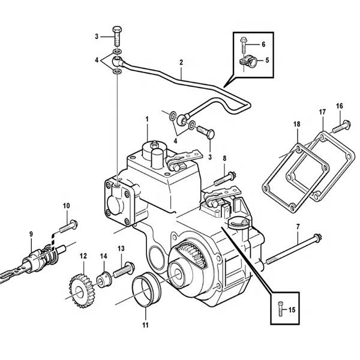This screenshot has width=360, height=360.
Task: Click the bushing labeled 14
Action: [x=103, y=278]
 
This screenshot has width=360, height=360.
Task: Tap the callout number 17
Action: [x=322, y=112]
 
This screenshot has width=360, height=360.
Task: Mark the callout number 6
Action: [x=262, y=44]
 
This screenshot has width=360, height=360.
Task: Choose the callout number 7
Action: [x=297, y=226]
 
